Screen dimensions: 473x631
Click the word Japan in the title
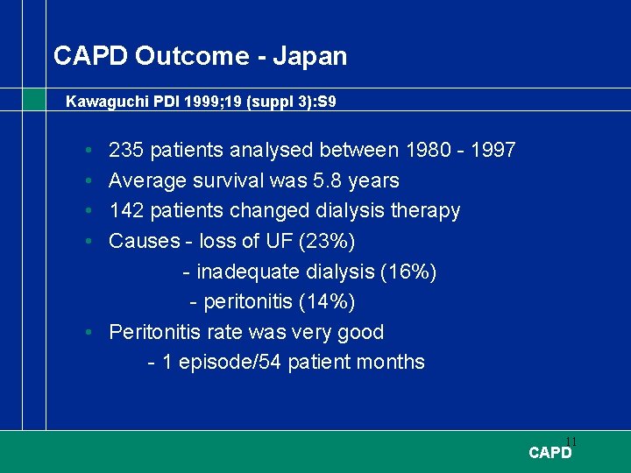(309, 57)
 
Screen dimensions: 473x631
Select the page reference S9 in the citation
(325, 102)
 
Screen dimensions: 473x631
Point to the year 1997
(493, 151)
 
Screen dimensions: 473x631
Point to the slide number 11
(571, 441)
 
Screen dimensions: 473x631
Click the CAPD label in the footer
(549, 453)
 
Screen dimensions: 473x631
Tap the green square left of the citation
(33, 99)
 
